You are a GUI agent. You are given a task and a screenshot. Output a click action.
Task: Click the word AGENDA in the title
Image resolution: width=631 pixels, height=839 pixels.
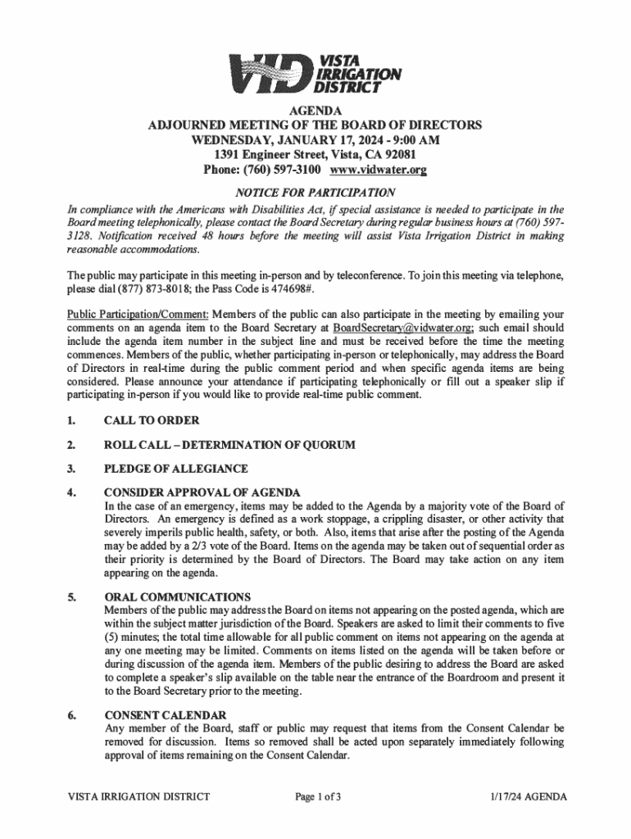(315, 111)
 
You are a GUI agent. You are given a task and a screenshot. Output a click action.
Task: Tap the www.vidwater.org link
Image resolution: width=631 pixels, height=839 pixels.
(378, 170)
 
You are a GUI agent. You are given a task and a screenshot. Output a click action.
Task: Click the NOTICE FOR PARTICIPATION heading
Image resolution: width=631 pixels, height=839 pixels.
(315, 193)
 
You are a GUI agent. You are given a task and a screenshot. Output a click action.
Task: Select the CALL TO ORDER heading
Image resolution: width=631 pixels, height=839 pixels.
(152, 421)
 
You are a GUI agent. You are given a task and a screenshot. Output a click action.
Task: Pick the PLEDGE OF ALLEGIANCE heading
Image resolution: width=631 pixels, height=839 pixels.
(175, 469)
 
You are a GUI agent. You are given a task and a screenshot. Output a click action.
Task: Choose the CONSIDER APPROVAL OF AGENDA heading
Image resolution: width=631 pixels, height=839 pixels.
(202, 492)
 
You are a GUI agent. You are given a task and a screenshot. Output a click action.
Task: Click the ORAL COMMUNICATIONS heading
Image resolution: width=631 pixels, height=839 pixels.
(177, 596)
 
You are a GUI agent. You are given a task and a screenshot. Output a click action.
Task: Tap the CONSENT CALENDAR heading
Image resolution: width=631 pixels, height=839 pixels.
(166, 715)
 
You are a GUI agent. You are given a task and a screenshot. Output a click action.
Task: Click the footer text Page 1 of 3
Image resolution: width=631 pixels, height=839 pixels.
(315, 796)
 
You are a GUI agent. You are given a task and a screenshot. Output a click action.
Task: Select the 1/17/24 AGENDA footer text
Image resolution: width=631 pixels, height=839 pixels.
(524, 796)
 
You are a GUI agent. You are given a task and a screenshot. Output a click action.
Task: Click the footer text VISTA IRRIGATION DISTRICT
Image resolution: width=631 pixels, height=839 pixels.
(138, 796)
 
